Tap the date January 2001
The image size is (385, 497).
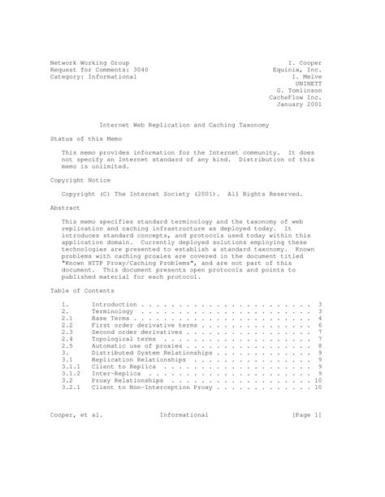[300, 105]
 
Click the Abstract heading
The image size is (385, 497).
[65, 208]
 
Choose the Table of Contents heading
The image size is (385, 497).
[83, 289]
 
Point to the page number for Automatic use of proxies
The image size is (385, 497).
[321, 347]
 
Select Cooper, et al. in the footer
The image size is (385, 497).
[77, 415]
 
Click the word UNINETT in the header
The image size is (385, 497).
[309, 83]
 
